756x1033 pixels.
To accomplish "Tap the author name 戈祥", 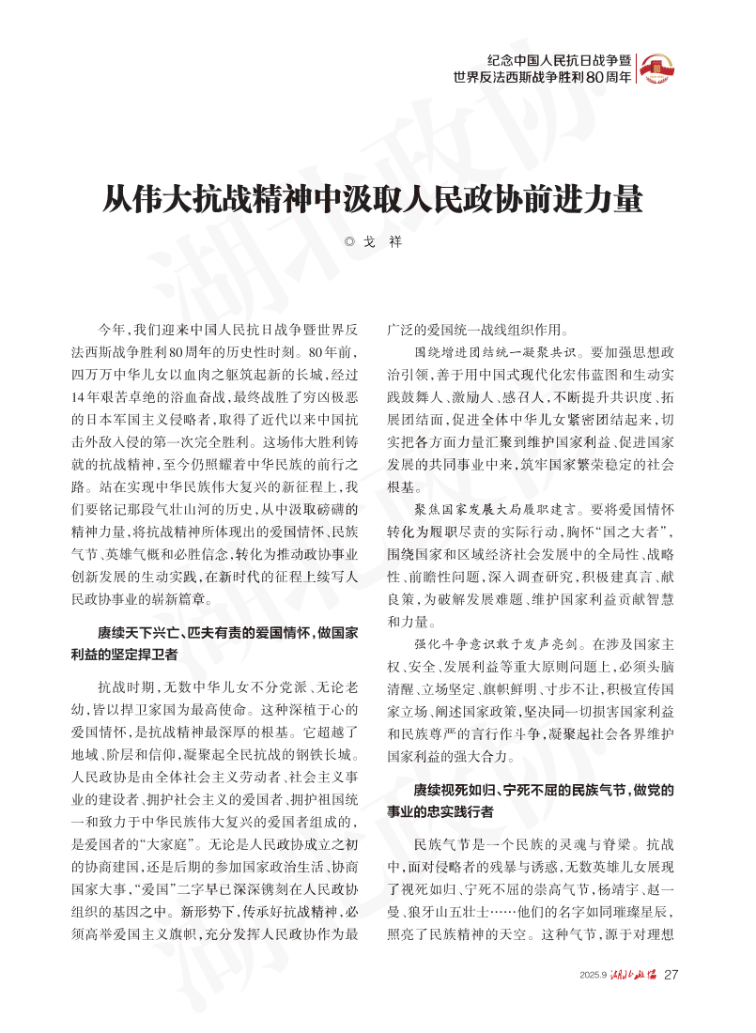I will tap(383, 241).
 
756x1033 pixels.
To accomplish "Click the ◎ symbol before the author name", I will tap(350, 241).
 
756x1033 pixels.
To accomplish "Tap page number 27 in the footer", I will tap(671, 974).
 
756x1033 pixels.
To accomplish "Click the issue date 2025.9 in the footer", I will tap(594, 975).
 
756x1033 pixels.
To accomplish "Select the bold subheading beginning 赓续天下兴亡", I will tap(227, 634).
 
